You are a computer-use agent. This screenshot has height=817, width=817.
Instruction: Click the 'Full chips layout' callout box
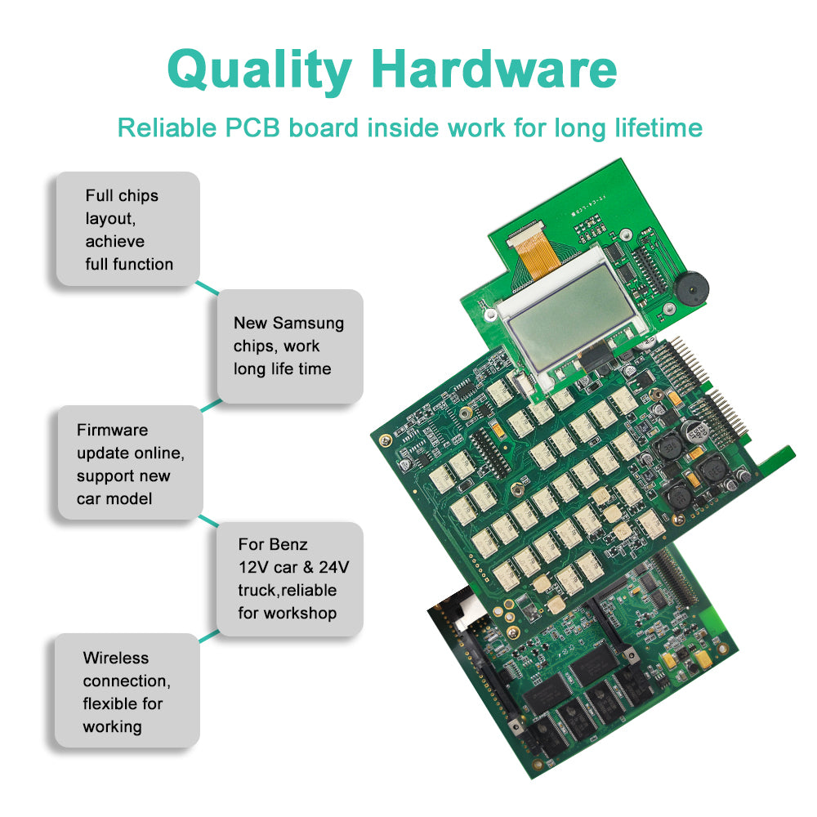127,230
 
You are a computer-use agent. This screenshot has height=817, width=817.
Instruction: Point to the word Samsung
308,324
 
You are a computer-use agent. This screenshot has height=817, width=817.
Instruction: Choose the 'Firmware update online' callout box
129,463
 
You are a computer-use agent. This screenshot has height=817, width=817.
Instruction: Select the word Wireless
115,658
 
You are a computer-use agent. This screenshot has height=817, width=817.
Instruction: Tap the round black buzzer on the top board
691,289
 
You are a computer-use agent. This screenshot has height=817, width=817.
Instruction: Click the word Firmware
112,430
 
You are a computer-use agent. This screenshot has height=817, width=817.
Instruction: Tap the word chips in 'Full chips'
138,196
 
